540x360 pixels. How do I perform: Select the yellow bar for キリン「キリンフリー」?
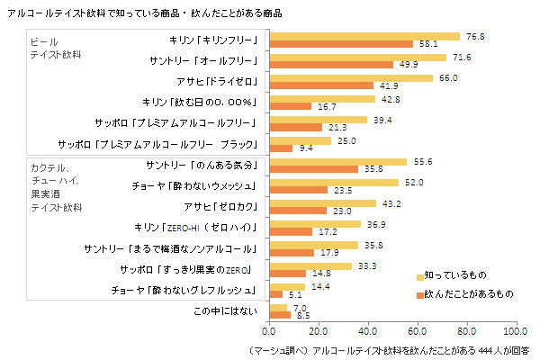tap(364, 36)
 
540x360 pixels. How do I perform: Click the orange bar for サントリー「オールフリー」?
tap(331, 64)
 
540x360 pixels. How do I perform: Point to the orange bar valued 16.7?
tap(290, 105)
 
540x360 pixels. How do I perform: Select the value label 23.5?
tap(343, 190)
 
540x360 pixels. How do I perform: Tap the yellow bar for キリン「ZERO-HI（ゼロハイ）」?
tap(315, 223)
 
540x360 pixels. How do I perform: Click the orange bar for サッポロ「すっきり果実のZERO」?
tap(288, 273)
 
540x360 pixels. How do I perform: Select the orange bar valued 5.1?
tap(276, 293)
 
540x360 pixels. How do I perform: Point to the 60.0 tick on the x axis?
tap(417, 331)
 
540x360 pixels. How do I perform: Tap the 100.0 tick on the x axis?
tap(515, 331)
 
